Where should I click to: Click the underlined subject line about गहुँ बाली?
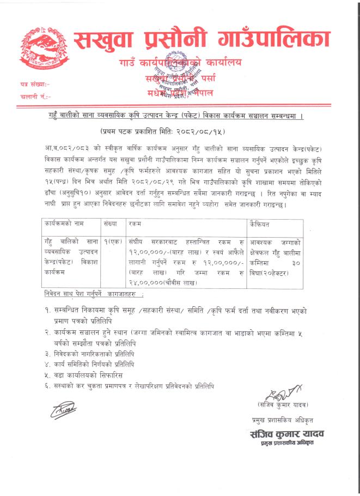click(x=180, y=118)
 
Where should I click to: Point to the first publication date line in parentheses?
click(x=179, y=132)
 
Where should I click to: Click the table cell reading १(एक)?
click(x=113, y=241)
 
